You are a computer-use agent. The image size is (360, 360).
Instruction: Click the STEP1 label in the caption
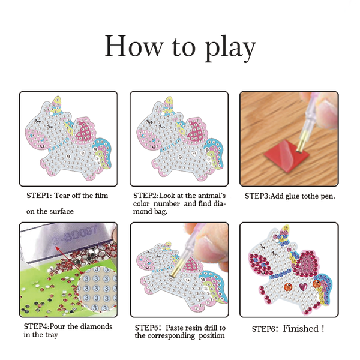point(38,196)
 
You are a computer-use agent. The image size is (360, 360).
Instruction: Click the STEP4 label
point(37,326)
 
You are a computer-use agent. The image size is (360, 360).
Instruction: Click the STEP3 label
point(257,196)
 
